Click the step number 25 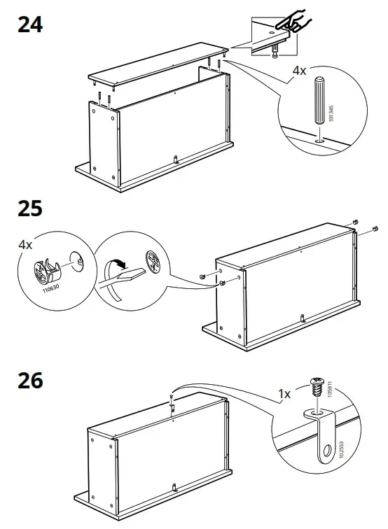point(29,209)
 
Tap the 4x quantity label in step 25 point(25,245)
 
